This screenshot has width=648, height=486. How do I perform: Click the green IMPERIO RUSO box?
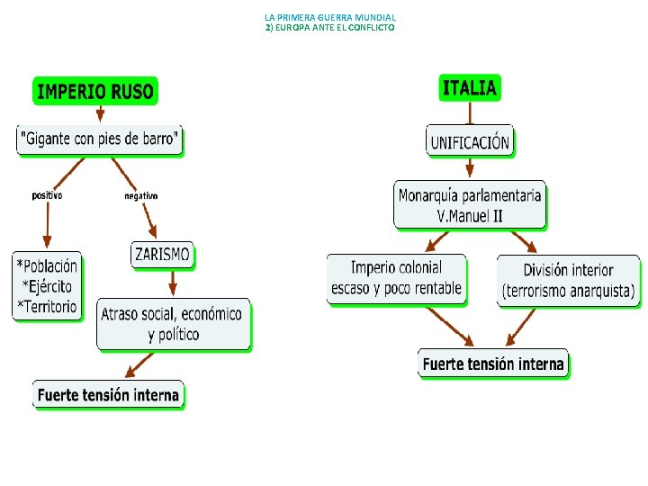tap(95, 91)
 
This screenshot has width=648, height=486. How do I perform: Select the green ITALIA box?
tap(469, 87)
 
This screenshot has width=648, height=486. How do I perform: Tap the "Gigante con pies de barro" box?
tap(100, 139)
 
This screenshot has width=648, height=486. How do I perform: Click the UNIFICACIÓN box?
tap(470, 141)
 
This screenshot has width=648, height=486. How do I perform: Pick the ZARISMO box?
tap(162, 255)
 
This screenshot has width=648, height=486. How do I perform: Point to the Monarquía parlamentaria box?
tap(470, 204)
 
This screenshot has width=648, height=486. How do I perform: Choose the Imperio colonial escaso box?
tap(397, 278)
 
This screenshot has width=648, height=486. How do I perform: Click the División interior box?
tap(569, 280)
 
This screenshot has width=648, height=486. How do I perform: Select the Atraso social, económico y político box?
tap(173, 324)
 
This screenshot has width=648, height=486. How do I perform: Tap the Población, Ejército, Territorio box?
tap(47, 285)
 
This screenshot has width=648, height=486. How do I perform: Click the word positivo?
tap(47, 194)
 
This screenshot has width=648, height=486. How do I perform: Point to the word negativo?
tap(140, 195)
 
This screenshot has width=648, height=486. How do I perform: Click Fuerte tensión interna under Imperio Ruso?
tap(109, 394)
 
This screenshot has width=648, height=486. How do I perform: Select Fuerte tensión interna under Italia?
tap(493, 364)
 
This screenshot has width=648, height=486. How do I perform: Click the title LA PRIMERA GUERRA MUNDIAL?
tap(330, 17)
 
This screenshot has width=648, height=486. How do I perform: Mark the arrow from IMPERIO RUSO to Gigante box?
tap(100, 112)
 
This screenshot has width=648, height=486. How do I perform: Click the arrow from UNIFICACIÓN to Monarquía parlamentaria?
tap(469, 167)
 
